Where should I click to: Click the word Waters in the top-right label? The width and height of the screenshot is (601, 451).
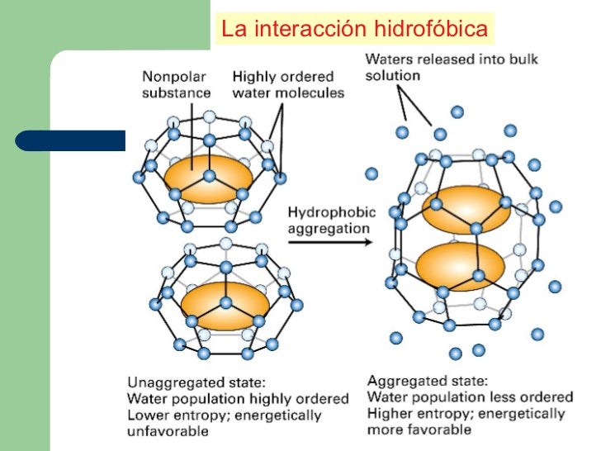pyautogui.click(x=391, y=59)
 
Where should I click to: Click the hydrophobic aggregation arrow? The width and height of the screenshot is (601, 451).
pyautogui.click(x=329, y=242)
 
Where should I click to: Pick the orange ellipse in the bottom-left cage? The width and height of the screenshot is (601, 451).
pyautogui.click(x=225, y=305)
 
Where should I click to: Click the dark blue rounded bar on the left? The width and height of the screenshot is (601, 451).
pyautogui.click(x=71, y=141)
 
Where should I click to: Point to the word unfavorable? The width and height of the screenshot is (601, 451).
pyautogui.click(x=168, y=430)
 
